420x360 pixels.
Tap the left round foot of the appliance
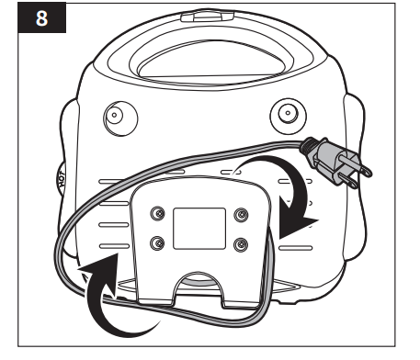coord(114,118)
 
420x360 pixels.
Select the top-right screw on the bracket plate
coord(242,214)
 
